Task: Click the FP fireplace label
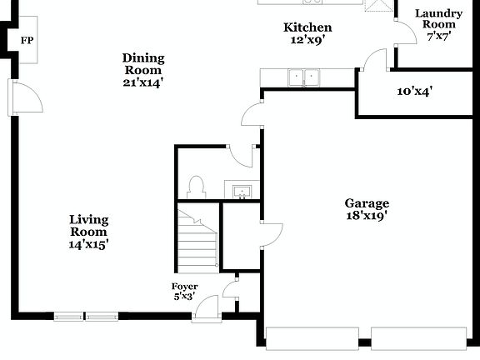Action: click(27, 39)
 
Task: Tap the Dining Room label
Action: click(143, 70)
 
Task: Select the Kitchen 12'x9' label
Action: click(307, 33)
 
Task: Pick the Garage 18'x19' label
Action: click(367, 209)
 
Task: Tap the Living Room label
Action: click(88, 232)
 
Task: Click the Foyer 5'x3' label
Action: click(185, 292)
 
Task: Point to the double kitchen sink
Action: click(302, 78)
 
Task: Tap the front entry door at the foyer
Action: click(205, 311)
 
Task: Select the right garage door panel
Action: click(418, 337)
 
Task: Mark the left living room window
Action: click(68, 317)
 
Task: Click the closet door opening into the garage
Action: click(271, 234)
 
